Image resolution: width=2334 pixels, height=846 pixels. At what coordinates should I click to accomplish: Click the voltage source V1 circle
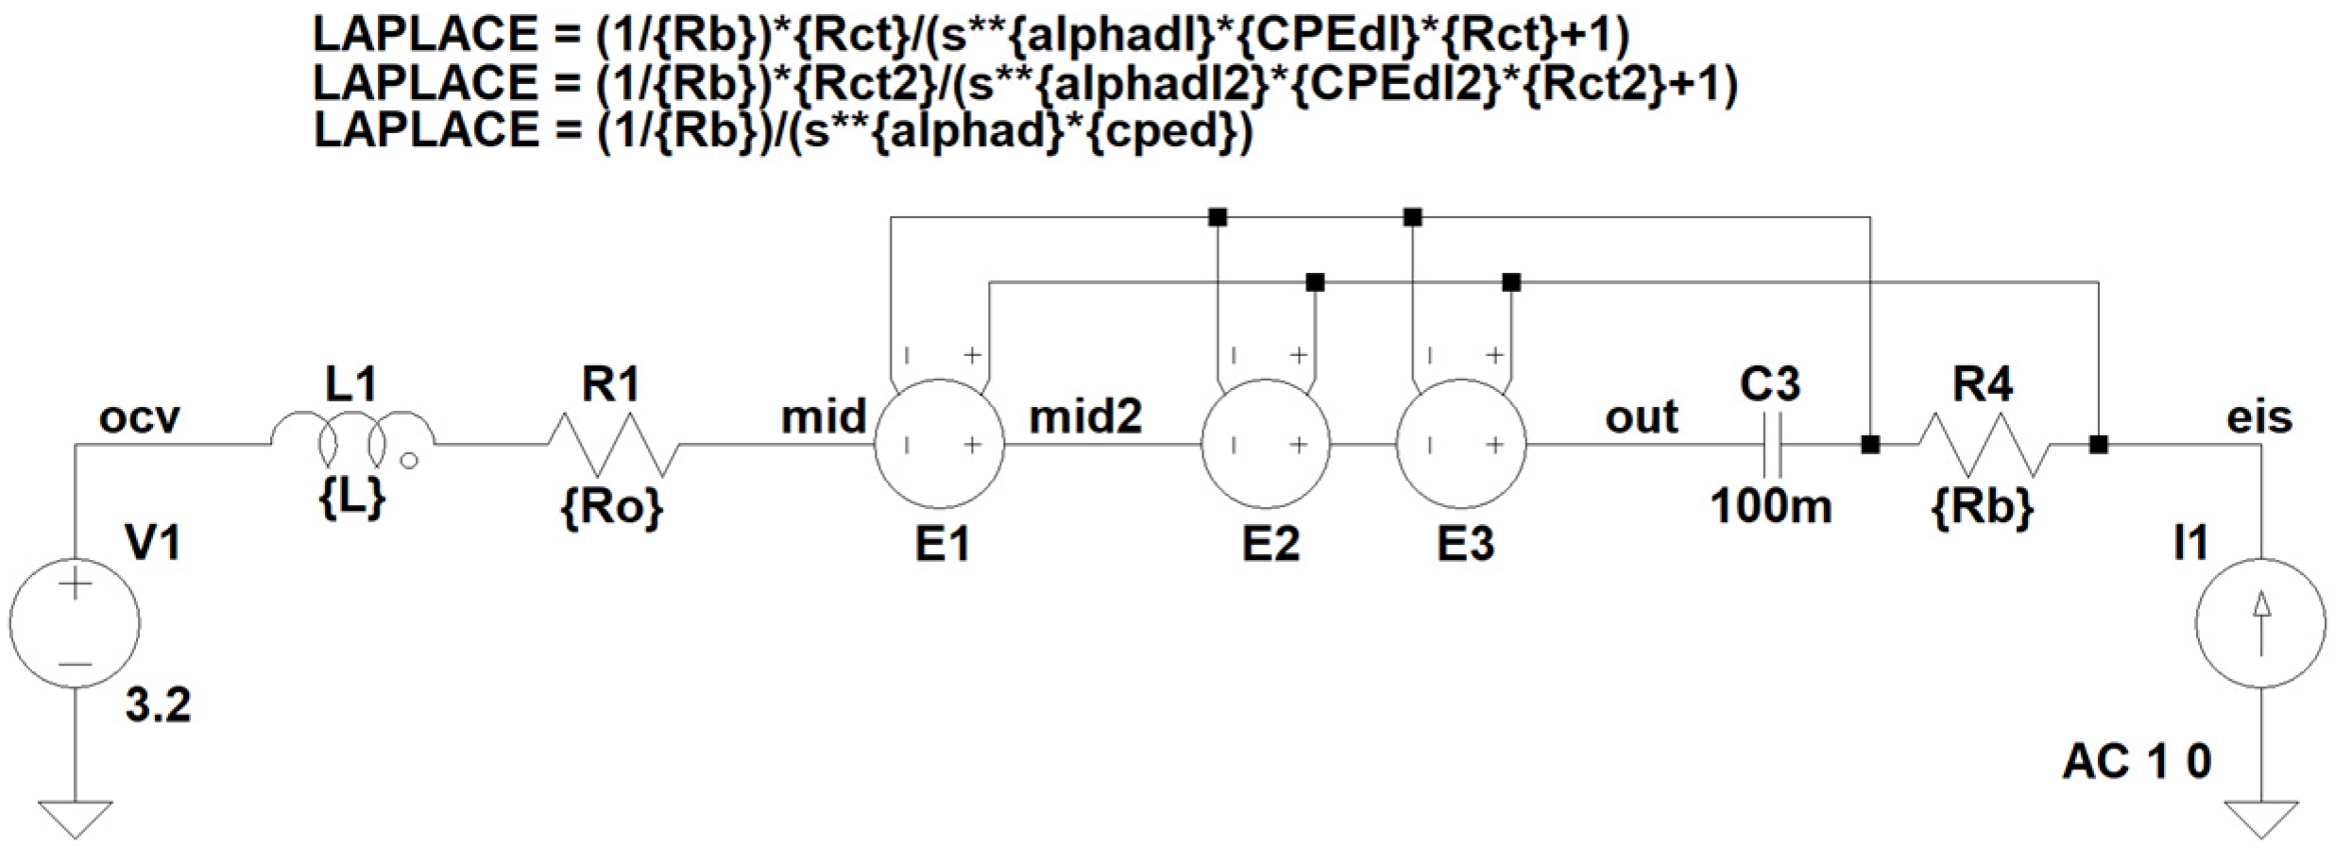pyautogui.click(x=75, y=623)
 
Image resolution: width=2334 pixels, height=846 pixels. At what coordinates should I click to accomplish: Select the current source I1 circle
pyautogui.click(x=2260, y=623)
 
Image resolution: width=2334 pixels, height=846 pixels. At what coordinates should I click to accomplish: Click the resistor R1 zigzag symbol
pyautogui.click(x=611, y=444)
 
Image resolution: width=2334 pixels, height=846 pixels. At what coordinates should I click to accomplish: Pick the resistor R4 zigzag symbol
pyautogui.click(x=1984, y=444)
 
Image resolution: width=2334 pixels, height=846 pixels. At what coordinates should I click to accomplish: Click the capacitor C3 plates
pyautogui.click(x=1772, y=444)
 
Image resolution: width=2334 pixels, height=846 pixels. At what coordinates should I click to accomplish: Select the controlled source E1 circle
pyautogui.click(x=940, y=444)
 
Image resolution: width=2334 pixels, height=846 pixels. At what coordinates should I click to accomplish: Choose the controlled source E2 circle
pyautogui.click(x=1266, y=444)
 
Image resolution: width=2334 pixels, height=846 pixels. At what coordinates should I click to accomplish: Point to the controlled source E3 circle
pyautogui.click(x=1461, y=444)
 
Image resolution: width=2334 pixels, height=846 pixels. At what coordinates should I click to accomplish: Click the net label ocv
pyautogui.click(x=139, y=417)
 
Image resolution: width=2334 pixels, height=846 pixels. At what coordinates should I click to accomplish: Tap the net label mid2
pyautogui.click(x=1085, y=416)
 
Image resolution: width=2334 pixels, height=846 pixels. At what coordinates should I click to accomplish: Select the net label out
pyautogui.click(x=1642, y=416)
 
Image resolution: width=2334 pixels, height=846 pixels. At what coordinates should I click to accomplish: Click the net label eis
pyautogui.click(x=2259, y=416)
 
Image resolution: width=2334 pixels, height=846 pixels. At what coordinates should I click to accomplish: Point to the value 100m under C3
pyautogui.click(x=1771, y=507)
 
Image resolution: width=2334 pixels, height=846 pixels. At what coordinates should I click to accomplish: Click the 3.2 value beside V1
pyautogui.click(x=158, y=704)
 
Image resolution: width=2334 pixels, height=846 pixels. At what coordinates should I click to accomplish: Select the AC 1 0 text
pyautogui.click(x=2137, y=761)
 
